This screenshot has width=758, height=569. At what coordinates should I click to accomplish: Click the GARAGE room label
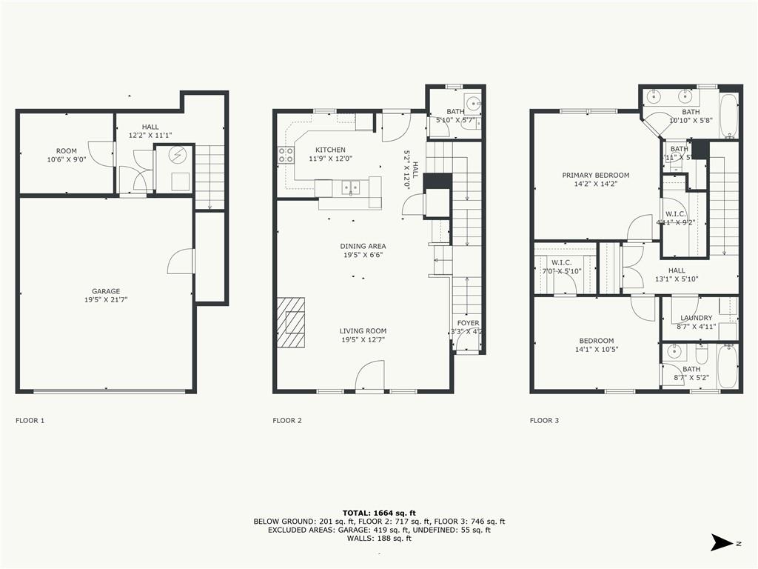tap(106, 291)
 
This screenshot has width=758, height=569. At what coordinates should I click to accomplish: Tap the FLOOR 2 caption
tap(287, 421)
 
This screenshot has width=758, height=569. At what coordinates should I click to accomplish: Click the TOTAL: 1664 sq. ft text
tap(379, 513)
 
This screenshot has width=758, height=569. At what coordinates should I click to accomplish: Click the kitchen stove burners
tap(285, 155)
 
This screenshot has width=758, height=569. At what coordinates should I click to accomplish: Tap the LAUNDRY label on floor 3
tap(696, 319)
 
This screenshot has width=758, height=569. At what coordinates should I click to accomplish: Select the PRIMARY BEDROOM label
tap(595, 176)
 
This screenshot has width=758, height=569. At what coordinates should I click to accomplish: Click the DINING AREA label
tap(363, 246)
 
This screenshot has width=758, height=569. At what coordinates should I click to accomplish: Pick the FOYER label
tap(467, 323)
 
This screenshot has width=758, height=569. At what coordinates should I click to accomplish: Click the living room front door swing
tap(370, 375)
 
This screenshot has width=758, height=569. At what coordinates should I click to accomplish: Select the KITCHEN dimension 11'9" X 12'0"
tap(330, 159)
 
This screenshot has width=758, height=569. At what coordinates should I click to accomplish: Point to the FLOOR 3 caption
tap(544, 421)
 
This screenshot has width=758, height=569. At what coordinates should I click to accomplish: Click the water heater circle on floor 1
tap(178, 155)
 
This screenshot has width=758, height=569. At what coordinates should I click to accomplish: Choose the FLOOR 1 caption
tap(30, 421)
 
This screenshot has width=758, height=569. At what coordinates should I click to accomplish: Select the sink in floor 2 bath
tap(473, 102)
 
